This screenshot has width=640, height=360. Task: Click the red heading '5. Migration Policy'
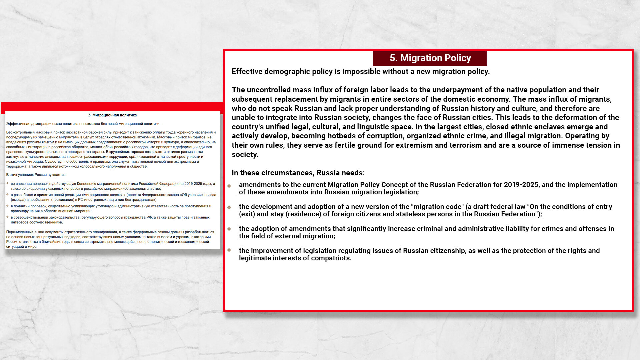coord(430,58)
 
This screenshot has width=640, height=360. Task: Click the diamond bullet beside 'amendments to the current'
coord(229,186)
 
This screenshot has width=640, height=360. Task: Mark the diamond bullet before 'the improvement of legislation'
coord(229,250)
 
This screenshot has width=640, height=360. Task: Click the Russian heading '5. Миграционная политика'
coord(112,115)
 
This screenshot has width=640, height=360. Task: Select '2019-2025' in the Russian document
coord(193,184)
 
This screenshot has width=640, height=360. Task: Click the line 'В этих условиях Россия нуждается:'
coord(36,175)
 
